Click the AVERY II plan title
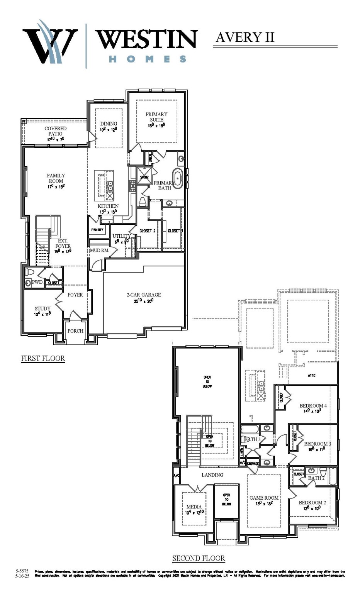pyautogui.click(x=245, y=37)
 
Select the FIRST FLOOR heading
pyautogui.click(x=43, y=359)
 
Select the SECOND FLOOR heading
pyautogui.click(x=199, y=558)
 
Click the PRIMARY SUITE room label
pyautogui.click(x=156, y=117)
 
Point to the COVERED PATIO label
pyautogui.click(x=56, y=131)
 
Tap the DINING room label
pyautogui.click(x=109, y=124)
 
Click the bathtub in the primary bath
pyautogui.click(x=177, y=178)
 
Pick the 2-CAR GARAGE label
pyautogui.click(x=144, y=295)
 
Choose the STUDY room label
pyautogui.click(x=42, y=309)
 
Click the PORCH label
pyautogui.click(x=75, y=331)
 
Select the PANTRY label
pyautogui.click(x=97, y=230)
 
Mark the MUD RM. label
pyautogui.click(x=99, y=251)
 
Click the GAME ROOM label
pyautogui.click(x=264, y=498)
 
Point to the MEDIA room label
pyautogui.click(x=194, y=507)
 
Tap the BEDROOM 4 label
pyautogui.click(x=313, y=406)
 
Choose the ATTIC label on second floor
pyautogui.click(x=312, y=375)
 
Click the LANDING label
pyautogui.click(x=212, y=475)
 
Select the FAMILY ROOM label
pyautogui.click(x=56, y=178)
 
